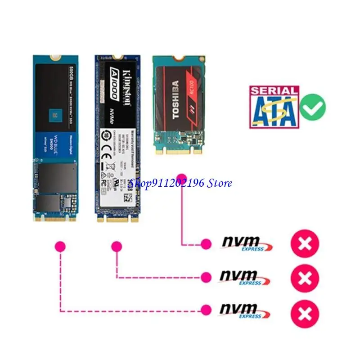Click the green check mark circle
pyautogui.click(x=313, y=107)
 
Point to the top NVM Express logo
pyautogui.click(x=247, y=243)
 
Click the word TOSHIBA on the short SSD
pyautogui.click(x=175, y=99)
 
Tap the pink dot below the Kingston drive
pyautogui.click(x=117, y=246)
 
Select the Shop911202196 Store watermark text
pyautogui.click(x=180, y=183)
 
